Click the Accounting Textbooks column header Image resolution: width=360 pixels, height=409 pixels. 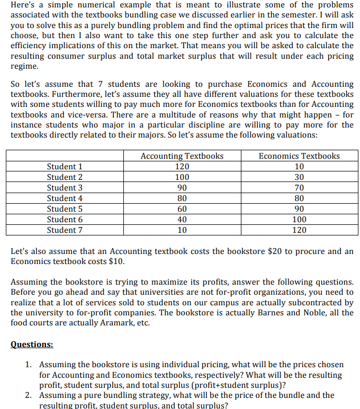pyautogui.click(x=182, y=156)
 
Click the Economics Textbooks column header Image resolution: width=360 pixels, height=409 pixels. pyautogui.click(x=299, y=156)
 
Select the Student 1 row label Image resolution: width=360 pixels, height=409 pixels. pyautogui.click(x=65, y=166)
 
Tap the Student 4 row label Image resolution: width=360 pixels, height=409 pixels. pyautogui.click(x=65, y=198)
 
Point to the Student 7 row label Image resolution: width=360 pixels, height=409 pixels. pyautogui.click(x=65, y=230)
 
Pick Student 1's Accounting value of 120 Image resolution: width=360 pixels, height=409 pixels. pyautogui.click(x=182, y=166)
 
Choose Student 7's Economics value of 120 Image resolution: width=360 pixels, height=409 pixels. pyautogui.click(x=299, y=230)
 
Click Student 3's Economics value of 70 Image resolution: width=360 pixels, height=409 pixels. pyautogui.click(x=299, y=187)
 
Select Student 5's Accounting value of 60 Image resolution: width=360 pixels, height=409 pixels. pyautogui.click(x=182, y=208)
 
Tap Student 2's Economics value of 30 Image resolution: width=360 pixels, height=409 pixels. pyautogui.click(x=299, y=177)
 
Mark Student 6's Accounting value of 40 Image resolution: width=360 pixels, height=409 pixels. pyautogui.click(x=182, y=219)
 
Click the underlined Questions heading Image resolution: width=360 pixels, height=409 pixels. pyautogui.click(x=32, y=344)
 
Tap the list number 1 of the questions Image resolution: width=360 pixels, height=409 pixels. pyautogui.click(x=29, y=365)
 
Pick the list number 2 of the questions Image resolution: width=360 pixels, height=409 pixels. pyautogui.click(x=29, y=395)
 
